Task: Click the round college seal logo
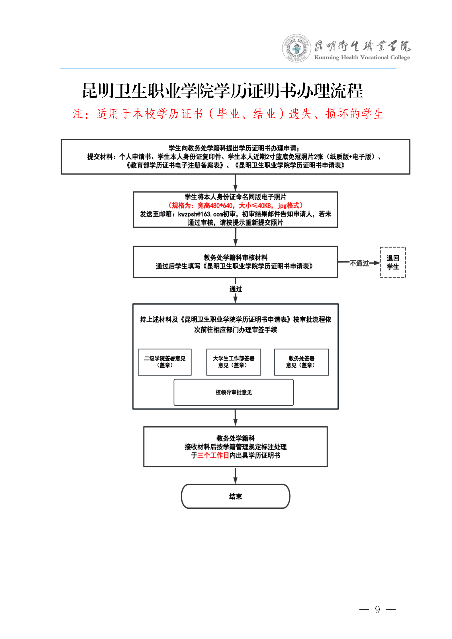tap(296, 48)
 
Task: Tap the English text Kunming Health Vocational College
tap(362, 57)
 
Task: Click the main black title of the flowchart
tap(222, 91)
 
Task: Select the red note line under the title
tap(228, 114)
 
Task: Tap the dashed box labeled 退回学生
tap(392, 262)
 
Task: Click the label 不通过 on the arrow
tap(359, 263)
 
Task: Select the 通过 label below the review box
tap(236, 289)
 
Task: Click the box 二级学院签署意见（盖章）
tap(165, 362)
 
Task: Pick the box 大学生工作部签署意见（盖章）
tap(234, 362)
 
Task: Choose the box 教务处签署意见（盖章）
tap(301, 362)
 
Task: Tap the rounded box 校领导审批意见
tap(234, 392)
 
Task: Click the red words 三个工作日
tap(213, 455)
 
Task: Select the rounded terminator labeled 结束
tap(236, 496)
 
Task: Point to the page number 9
tap(377, 609)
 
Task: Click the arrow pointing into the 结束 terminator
tap(235, 475)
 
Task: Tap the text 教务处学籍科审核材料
tap(235, 258)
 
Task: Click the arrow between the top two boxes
tap(235, 183)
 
